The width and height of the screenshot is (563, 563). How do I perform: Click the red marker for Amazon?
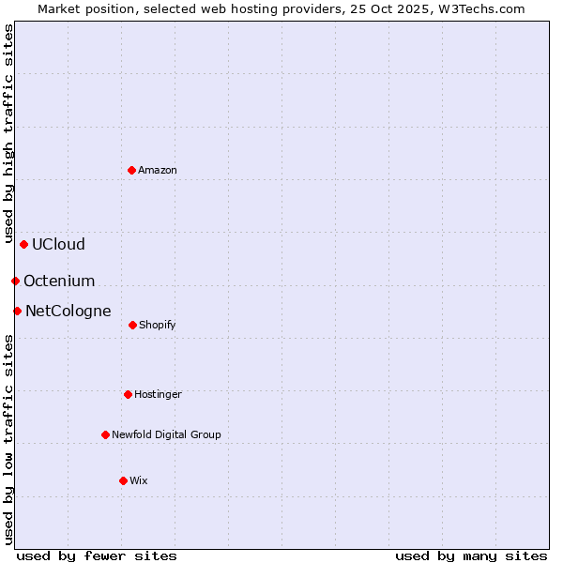131,170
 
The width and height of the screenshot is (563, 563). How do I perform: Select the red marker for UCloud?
23,244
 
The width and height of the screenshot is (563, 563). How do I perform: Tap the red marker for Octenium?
15,281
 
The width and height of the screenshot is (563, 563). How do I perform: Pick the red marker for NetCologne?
17,311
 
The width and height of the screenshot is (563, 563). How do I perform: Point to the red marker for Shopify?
132,325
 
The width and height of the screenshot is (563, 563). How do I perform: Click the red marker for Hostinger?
128,394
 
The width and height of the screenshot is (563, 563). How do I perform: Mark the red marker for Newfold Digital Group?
105,434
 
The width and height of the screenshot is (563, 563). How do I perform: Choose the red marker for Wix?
123,480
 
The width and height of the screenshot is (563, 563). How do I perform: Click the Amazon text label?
158,170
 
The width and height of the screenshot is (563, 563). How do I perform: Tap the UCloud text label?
58,244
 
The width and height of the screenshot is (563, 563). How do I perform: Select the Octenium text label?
59,281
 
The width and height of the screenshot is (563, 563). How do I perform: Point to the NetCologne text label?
68,311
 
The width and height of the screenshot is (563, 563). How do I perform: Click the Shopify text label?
158,325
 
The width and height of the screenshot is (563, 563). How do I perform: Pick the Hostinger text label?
158,394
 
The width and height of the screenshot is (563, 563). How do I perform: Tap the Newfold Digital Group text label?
166,434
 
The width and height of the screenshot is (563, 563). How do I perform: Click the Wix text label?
139,480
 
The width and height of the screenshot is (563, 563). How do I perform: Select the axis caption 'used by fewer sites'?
97,555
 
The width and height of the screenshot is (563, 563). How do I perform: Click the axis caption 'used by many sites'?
471,555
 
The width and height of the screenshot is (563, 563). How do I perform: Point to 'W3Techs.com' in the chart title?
479,8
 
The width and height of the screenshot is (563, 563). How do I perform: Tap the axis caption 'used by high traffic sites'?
8,134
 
